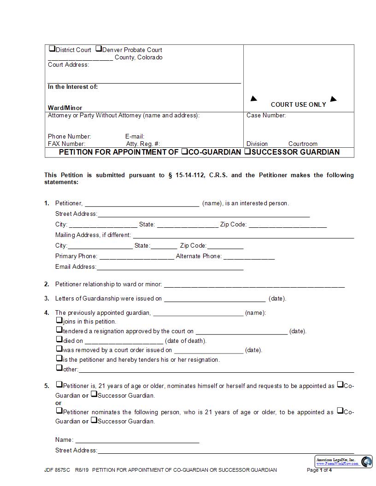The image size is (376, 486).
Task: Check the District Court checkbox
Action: [x=52, y=49]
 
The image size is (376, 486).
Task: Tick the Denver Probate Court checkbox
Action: [x=99, y=49]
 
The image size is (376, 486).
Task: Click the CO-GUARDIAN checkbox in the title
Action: [x=184, y=151]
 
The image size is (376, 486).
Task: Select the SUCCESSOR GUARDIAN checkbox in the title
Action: [x=247, y=151]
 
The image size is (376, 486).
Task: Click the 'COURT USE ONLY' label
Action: [x=298, y=104]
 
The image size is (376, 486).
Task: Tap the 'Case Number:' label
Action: [x=266, y=116]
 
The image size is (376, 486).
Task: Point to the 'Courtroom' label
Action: [x=303, y=144]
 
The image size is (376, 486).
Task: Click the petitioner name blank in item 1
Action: [x=142, y=204]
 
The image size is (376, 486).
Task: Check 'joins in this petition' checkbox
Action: [x=59, y=320]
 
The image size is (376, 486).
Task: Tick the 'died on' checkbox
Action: [x=59, y=340]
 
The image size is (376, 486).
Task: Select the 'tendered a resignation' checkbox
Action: [x=59, y=330]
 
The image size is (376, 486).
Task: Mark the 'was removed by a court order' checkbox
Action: [x=59, y=349]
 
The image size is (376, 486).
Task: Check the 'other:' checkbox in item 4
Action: [x=59, y=368]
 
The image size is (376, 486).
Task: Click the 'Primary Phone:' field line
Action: [x=136, y=257]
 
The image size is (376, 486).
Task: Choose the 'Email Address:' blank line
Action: [x=170, y=267]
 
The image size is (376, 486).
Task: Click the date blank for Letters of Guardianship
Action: [x=214, y=299]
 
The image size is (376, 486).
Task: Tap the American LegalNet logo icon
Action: [x=366, y=462]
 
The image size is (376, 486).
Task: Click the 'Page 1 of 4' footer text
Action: [x=319, y=470]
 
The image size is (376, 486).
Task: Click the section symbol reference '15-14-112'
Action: [x=189, y=175]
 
